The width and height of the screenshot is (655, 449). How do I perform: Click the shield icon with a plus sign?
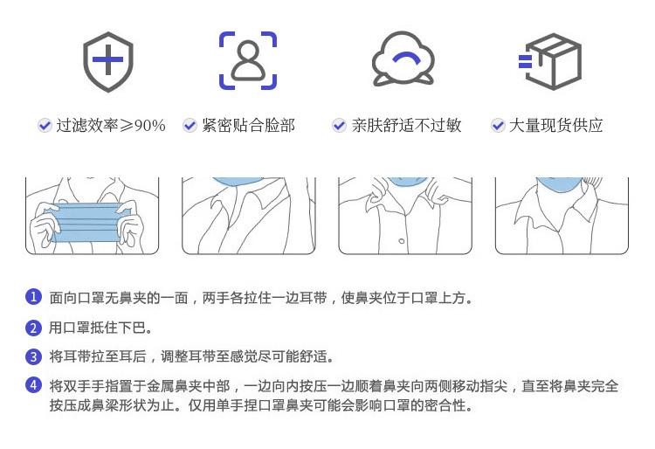pos(107,61)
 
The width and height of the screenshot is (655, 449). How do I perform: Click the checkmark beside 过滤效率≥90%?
pos(45,125)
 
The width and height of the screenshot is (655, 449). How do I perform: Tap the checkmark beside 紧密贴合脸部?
pos(190,125)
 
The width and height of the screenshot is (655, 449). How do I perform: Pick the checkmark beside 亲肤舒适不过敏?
pos(339,125)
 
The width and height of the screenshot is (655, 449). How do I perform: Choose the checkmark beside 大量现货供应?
pos(498,125)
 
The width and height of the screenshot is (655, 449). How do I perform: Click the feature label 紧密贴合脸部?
pos(249,125)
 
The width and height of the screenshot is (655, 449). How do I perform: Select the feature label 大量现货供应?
pos(556,125)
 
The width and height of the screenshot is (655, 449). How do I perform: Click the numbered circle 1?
pos(33,297)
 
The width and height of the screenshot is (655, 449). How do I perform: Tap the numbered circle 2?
pos(33,328)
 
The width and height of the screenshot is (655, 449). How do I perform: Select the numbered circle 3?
pos(33,357)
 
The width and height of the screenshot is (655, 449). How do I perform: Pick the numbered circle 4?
pos(33,385)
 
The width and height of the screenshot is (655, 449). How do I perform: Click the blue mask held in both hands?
pos(86,223)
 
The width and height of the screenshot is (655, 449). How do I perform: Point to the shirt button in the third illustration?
pos(402,241)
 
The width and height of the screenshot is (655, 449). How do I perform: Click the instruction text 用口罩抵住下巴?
pos(100,328)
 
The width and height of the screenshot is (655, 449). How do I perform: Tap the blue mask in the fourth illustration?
pos(559,184)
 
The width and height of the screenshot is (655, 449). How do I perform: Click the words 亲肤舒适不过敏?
pos(406,125)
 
